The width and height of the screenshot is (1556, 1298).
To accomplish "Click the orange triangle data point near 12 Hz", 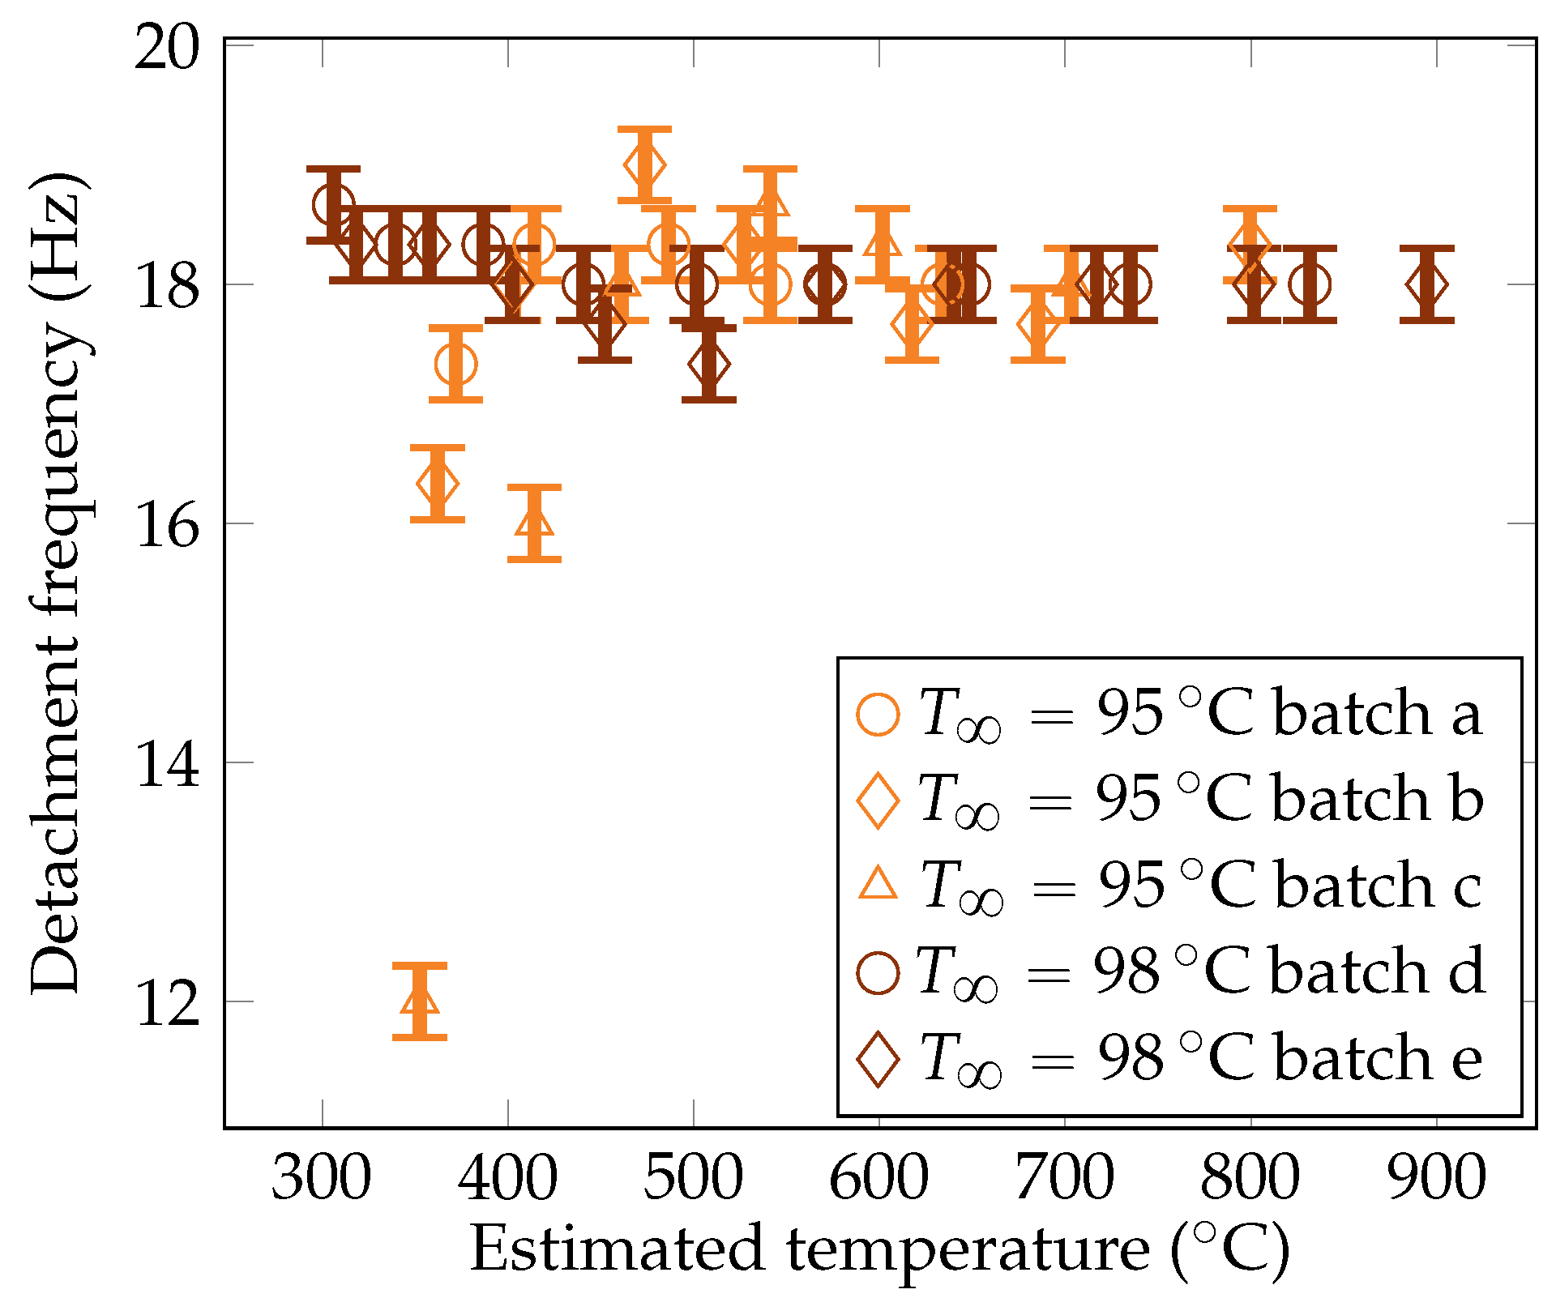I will pos(420,1000).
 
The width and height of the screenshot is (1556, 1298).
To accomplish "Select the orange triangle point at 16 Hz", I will pos(534,523).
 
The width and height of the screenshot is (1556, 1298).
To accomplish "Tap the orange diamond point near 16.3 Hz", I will pos(438,484).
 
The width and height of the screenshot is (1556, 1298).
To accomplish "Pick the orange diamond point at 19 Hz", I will pos(645,164).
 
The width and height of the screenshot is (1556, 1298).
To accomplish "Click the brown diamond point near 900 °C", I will pos(1426,284).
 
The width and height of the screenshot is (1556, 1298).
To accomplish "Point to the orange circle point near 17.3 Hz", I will pos(455,364).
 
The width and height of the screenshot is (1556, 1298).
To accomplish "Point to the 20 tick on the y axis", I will pos(166,47).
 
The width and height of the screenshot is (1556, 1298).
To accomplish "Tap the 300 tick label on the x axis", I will pos(322,1179).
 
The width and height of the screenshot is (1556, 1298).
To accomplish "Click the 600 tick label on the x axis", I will pos(879,1179).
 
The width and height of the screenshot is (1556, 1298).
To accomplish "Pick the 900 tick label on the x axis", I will pos(1437,1179).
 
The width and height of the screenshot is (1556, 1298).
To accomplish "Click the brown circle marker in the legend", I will pos(878,971).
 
